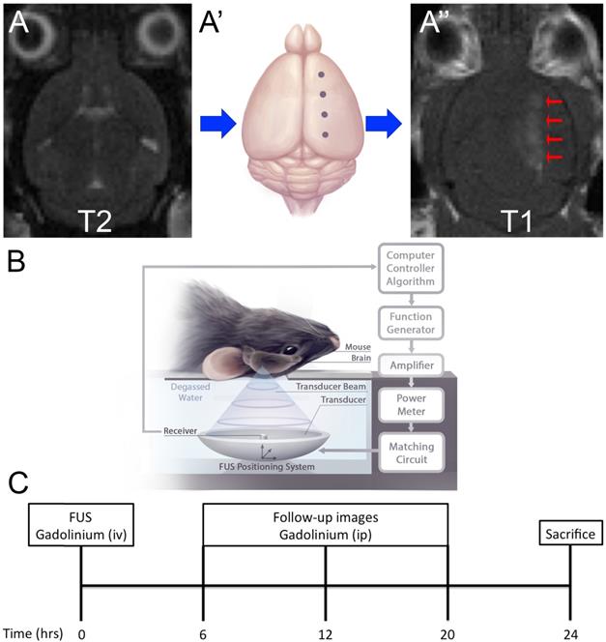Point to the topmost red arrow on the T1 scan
[553, 101]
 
